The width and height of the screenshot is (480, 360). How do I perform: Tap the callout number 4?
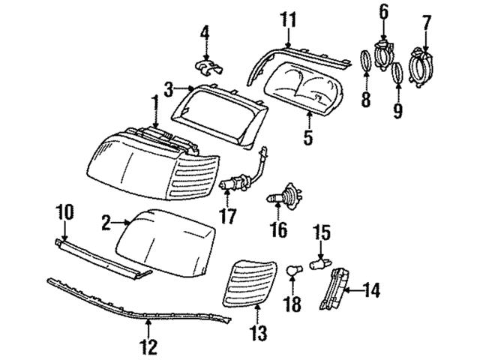pyautogui.click(x=205, y=33)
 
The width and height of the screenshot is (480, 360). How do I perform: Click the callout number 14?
pyautogui.click(x=373, y=287)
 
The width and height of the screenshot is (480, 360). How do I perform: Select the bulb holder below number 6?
pyautogui.click(x=382, y=55)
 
